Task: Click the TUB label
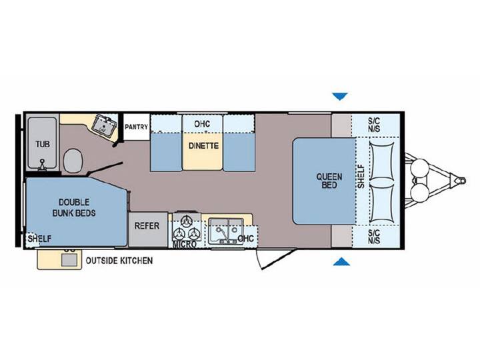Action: click(43, 144)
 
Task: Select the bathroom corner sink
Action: click(105, 125)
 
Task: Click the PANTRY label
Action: click(136, 127)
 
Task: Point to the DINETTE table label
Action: click(203, 146)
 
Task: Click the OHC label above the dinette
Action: click(202, 124)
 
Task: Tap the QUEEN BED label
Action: click(329, 181)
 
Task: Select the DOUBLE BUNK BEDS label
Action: click(74, 207)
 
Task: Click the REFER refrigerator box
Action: click(148, 229)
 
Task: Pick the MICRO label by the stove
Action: click(184, 245)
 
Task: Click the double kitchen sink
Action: click(226, 231)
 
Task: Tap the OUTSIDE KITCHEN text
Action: click(119, 261)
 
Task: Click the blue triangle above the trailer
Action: click(340, 97)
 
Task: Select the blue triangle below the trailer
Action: click(341, 262)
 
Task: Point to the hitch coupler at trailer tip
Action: click(461, 181)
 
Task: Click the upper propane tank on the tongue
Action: click(420, 169)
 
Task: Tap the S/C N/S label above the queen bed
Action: click(374, 125)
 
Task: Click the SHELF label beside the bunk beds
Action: click(39, 239)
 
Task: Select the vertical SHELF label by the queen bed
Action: click(361, 177)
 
